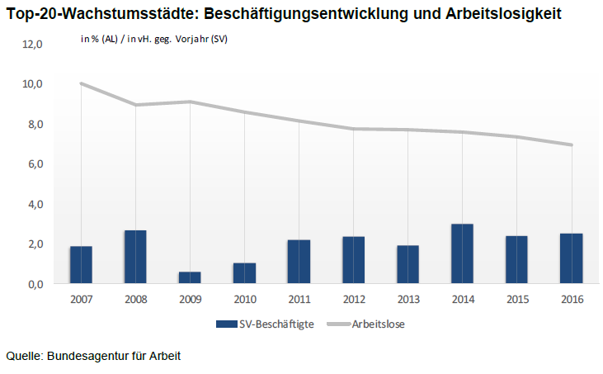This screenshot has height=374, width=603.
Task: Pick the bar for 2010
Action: pos(244,273)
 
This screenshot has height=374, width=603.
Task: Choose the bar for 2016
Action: pos(571,258)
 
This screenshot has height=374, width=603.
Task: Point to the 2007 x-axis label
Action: pos(81,299)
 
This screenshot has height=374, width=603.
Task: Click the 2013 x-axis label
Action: pos(407,299)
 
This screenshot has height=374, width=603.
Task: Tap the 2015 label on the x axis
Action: pos(516,299)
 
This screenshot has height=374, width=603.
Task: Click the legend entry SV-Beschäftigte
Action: pos(265,324)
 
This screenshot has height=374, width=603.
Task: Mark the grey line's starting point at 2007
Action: pos(81,83)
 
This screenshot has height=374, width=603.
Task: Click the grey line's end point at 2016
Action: pos(571,145)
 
